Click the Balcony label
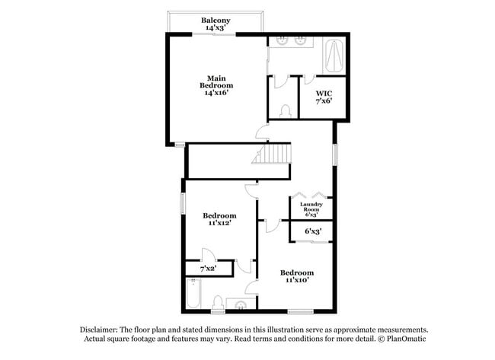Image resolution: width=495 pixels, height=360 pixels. (216, 20)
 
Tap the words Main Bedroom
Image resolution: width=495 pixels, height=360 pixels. (216, 81)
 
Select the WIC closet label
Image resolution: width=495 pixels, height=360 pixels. (324, 94)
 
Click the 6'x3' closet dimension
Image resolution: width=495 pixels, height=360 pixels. (312, 231)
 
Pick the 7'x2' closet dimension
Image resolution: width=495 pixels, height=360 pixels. (208, 269)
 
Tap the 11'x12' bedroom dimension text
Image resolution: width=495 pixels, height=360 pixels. (219, 224)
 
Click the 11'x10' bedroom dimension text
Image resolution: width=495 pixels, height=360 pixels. (296, 280)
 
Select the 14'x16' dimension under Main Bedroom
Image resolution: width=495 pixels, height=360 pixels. (216, 94)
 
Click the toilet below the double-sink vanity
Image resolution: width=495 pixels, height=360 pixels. (286, 110)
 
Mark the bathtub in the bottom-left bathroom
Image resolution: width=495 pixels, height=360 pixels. (193, 294)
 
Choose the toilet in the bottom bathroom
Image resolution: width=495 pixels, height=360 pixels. (219, 304)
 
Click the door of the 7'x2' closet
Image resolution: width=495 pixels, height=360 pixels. (207, 255)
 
